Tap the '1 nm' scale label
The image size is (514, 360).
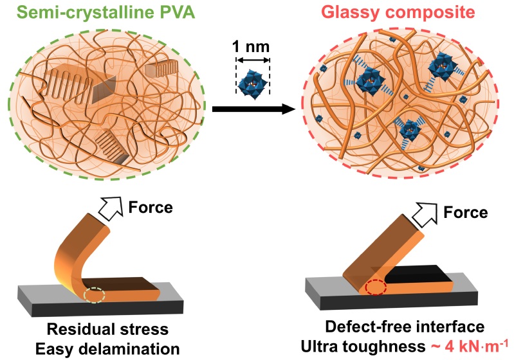click(252, 47)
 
